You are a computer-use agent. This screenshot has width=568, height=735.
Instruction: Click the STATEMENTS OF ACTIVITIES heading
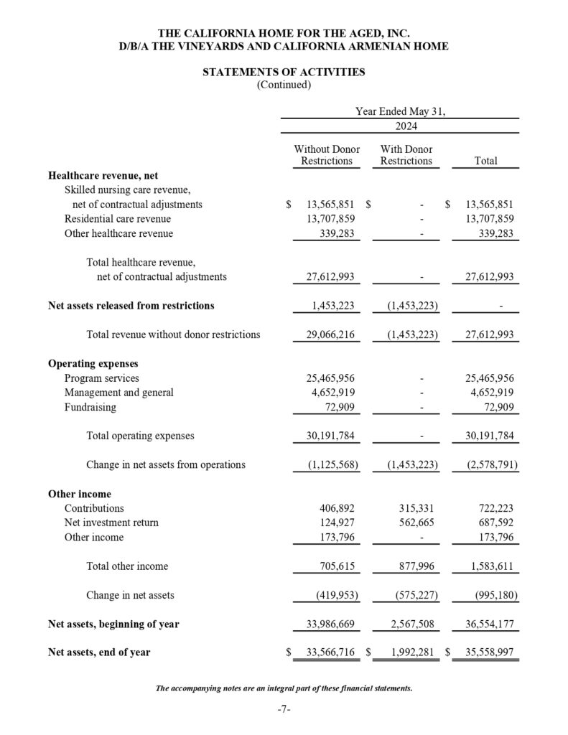coord(284,72)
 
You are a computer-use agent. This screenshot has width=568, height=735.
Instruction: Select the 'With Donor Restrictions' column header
coord(406,155)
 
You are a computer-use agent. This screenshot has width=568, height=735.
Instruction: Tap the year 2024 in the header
coord(406,126)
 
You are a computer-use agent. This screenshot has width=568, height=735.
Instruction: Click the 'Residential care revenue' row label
coord(118,219)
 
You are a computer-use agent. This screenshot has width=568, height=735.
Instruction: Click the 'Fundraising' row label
coord(90,407)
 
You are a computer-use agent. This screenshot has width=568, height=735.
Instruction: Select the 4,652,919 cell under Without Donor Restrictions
coord(330,393)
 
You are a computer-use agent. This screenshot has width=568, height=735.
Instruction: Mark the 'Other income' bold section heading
coord(80,494)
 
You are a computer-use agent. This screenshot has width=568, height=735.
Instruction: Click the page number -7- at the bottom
coord(284,710)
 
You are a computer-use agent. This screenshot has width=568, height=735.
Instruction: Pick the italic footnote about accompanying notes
coord(284,688)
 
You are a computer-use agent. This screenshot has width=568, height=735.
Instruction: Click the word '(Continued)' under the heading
coord(284,85)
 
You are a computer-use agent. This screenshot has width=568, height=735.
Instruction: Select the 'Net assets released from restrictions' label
coord(131,305)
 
